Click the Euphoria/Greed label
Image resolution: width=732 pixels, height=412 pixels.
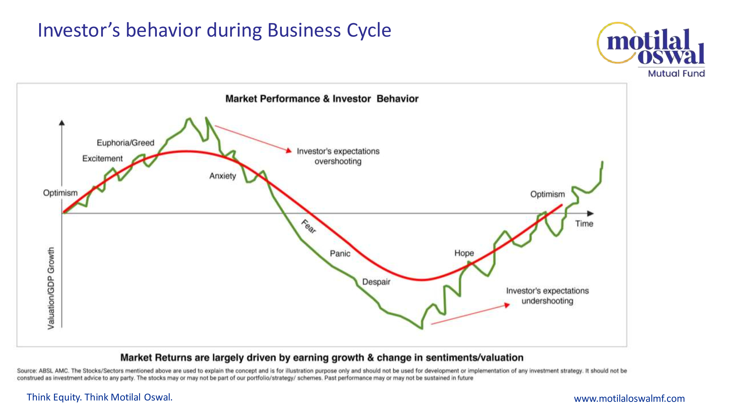coord(125,143)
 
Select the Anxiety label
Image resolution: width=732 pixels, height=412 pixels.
coord(223,176)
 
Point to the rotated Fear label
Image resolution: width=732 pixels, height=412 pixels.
coord(309,226)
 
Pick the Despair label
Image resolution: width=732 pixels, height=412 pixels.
coord(376,282)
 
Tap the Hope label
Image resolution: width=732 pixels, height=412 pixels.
coord(464,253)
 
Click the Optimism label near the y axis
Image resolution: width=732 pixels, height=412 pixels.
coord(60,193)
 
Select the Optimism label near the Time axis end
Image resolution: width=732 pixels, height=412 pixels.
coord(547,194)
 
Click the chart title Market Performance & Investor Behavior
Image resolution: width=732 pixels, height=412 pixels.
coord(322,99)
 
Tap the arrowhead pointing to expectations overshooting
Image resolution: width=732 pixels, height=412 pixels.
coord(289,151)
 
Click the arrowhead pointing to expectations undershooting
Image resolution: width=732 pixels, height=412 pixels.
coord(507,305)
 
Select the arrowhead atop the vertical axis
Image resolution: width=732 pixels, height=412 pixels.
coord(62,123)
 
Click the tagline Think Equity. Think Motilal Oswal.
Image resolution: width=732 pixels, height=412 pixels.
coord(99,397)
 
